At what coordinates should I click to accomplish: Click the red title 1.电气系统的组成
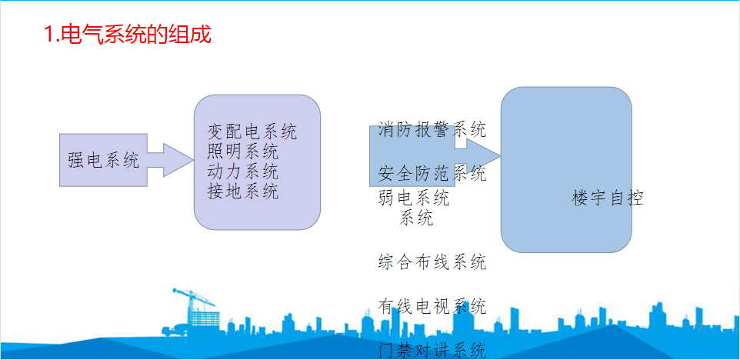(128, 35)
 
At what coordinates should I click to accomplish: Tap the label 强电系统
(104, 161)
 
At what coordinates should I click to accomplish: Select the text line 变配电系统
(252, 132)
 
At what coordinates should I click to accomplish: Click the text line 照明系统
(242, 152)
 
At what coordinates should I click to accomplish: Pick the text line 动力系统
(242, 172)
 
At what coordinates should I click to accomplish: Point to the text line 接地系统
(242, 191)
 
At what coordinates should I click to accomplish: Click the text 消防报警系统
(432, 129)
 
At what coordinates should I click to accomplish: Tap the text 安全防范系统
(432, 174)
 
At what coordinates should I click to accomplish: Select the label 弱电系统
(414, 198)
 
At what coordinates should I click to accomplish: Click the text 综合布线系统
(432, 262)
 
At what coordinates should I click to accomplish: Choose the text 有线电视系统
(432, 307)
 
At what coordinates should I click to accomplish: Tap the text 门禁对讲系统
(432, 351)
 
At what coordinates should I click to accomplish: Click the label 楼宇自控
(608, 198)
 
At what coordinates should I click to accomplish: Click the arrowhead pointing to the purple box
(178, 160)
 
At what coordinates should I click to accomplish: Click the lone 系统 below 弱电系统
(416, 218)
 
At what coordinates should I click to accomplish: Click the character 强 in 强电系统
(76, 161)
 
